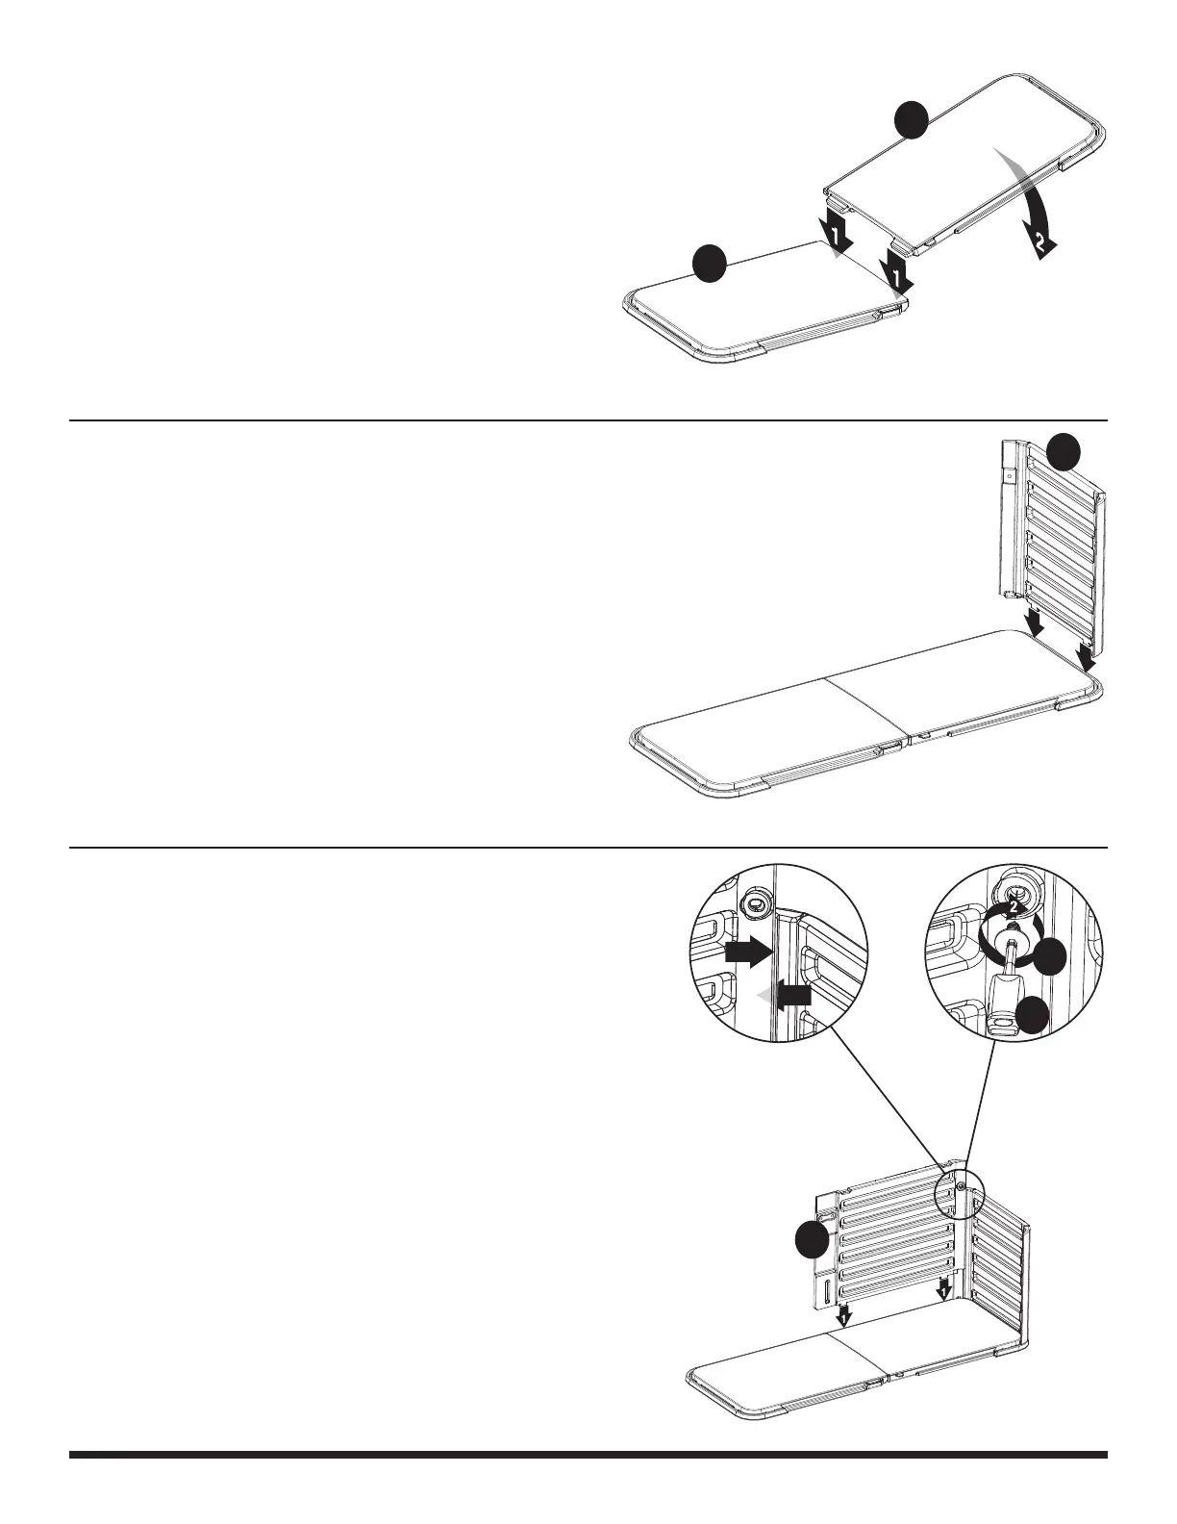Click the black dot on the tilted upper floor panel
click(910, 121)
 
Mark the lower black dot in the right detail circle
click(1035, 1016)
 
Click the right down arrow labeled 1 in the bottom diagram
click(944, 1287)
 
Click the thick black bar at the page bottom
click(588, 1455)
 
